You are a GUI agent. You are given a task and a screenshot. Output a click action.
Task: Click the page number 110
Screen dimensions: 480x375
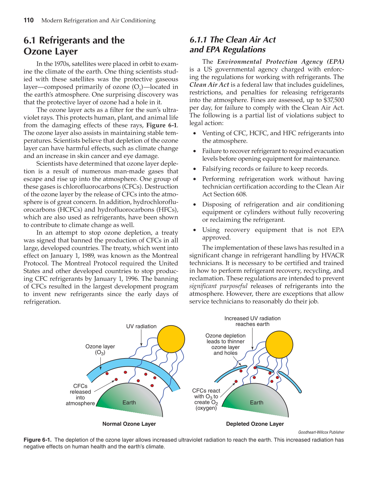point(29,20)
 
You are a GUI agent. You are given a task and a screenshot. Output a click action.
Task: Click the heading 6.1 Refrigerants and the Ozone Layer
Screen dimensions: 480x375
point(74,45)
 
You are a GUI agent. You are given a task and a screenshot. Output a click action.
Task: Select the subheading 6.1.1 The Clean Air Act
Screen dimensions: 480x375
point(232,45)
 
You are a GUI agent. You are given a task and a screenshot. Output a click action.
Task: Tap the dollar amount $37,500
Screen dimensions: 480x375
point(334,100)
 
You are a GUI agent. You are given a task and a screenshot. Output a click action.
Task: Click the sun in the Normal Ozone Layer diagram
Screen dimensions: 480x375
point(171,339)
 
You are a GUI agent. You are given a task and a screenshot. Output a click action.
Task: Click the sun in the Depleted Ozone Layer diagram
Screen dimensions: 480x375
point(279,344)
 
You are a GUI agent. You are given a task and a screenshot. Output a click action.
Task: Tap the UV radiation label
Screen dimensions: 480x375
point(141,326)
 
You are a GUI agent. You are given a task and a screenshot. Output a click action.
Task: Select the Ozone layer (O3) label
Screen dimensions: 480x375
point(100,349)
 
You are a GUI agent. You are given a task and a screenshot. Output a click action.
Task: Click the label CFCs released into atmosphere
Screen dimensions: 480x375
point(80,395)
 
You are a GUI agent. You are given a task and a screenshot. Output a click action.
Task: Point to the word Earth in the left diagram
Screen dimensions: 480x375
point(129,403)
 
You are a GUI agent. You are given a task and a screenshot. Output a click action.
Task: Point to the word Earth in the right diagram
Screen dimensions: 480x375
point(256,403)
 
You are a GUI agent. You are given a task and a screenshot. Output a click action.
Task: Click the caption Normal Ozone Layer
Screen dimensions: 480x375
point(129,424)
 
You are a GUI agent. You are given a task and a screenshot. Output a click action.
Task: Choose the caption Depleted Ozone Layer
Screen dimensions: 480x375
point(255,424)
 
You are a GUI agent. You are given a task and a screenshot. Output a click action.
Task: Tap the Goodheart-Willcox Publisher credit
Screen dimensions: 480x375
point(321,432)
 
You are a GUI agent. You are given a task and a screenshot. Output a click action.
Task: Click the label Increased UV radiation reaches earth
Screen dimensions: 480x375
point(252,321)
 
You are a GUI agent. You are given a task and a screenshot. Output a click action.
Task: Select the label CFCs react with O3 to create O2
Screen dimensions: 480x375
point(206,399)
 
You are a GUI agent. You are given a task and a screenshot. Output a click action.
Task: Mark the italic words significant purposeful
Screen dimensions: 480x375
point(218,286)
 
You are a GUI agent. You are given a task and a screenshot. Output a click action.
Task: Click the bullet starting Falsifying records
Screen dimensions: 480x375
point(265,169)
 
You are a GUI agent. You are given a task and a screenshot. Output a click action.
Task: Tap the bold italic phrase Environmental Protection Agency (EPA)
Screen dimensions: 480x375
point(280,62)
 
